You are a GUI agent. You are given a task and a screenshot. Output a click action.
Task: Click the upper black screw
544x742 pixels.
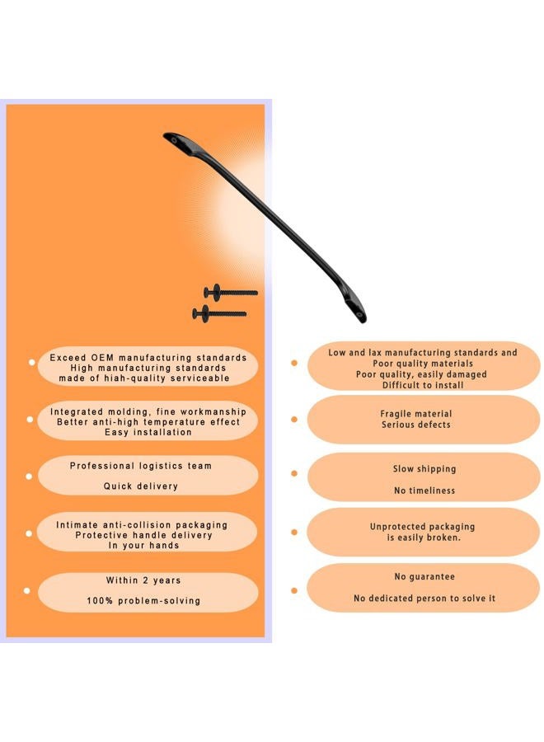coord(230,293)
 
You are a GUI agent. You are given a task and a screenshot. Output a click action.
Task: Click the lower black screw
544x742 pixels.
coord(219,314)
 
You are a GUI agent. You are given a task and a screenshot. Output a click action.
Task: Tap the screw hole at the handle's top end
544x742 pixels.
coord(174,140)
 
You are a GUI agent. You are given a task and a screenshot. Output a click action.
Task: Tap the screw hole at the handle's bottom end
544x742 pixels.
coord(360,314)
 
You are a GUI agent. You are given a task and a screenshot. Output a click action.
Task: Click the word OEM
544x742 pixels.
coord(102,358)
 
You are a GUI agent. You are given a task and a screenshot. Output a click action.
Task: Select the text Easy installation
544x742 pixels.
coord(148,432)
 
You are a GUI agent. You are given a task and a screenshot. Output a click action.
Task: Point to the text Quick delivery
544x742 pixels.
coord(140,486)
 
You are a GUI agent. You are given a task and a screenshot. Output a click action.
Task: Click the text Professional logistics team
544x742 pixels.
coord(140,466)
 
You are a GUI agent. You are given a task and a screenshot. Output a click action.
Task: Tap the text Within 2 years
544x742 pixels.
coord(143,580)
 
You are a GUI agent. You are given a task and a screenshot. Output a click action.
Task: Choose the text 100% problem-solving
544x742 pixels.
coord(143,600)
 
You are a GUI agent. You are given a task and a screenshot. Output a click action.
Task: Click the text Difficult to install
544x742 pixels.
coord(423,385)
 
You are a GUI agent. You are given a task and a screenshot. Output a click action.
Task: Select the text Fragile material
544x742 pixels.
coord(415,414)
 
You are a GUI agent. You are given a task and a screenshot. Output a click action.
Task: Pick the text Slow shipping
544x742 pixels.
coord(424,468)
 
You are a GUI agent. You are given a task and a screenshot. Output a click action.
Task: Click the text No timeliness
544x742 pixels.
coord(424,491)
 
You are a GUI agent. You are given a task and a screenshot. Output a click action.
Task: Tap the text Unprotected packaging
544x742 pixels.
coord(423,526)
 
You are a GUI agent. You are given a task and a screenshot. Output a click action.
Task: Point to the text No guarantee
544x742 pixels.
coord(424,576)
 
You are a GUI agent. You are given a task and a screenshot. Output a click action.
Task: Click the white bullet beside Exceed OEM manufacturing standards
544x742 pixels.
coord(31,363)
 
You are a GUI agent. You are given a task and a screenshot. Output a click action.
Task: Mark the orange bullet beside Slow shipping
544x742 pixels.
coord(293,473)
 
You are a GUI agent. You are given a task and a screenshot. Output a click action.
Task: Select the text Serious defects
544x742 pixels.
coord(415,425)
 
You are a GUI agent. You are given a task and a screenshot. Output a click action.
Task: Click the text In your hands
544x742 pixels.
coord(143,545)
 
